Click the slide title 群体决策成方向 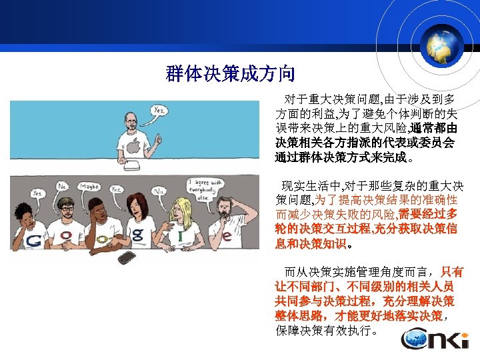pos(230,73)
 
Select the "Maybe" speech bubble pos(89,187)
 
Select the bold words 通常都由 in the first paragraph pos(434,128)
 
